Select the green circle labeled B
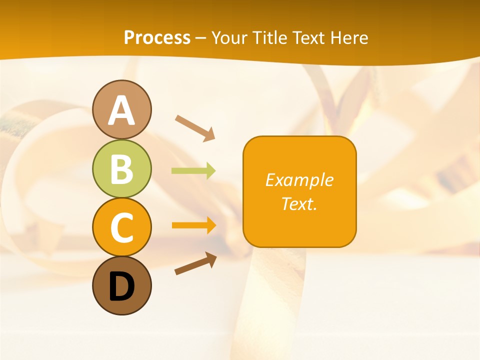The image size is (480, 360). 121,168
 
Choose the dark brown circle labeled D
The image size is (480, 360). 121,285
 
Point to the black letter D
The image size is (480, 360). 121,286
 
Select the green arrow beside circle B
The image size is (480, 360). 193,171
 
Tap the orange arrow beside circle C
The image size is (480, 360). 194,225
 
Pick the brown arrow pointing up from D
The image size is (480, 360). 195,263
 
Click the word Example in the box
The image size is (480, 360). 299,180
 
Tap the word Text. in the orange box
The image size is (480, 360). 299,203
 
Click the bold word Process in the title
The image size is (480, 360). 157,37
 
